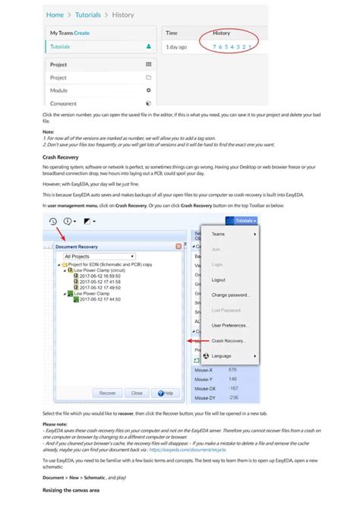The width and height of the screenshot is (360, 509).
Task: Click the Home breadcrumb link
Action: coord(55,14)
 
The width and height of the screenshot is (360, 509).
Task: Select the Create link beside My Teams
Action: coord(82,33)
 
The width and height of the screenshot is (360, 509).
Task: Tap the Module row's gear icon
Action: coord(148,90)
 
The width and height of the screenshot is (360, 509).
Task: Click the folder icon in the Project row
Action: coord(148,77)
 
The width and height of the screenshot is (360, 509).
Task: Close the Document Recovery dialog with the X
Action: coord(178,246)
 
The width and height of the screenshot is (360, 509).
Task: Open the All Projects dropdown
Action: coord(99,257)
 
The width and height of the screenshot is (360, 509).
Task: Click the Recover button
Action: coord(108,393)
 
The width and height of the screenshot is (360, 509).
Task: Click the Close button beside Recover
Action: coord(136,393)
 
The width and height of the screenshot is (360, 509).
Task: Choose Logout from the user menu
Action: coord(219,280)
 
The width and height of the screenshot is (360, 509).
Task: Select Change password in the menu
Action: coord(231,295)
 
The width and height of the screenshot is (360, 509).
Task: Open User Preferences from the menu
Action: coord(229,325)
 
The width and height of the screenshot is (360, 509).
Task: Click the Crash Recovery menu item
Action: coord(229,340)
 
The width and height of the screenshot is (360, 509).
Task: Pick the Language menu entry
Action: coord(222,356)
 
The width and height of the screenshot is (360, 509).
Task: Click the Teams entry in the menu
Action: coord(219,234)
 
